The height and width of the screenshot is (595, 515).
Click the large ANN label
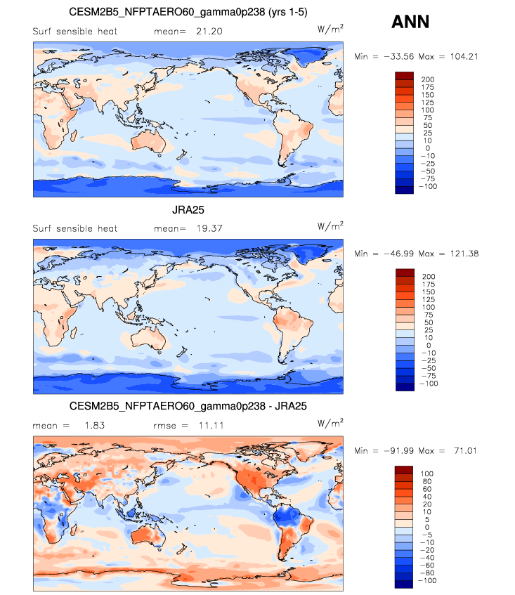[x=410, y=22]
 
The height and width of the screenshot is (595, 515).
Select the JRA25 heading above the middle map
[x=188, y=209]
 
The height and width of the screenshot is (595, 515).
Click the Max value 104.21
[x=462, y=56]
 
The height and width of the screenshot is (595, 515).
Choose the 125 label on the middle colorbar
[x=428, y=299]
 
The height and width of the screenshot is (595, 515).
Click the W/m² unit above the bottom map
[x=331, y=423]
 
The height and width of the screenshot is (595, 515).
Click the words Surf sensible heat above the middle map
[x=75, y=228]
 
